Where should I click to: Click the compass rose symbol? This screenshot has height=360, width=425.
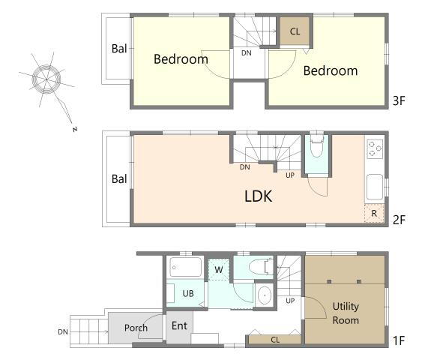click(46, 79)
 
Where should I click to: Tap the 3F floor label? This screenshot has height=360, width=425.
click(399, 101)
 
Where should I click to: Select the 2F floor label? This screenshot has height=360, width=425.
click(399, 220)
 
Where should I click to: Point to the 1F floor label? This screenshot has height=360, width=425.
click(399, 340)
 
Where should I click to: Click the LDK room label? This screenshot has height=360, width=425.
click(259, 196)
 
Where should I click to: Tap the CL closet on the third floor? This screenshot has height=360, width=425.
click(295, 31)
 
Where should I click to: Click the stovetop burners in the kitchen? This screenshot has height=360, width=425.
click(375, 148)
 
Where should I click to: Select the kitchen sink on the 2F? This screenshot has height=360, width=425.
click(375, 187)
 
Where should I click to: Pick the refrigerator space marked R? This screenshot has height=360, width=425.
click(374, 214)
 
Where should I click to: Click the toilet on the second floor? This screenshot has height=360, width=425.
click(317, 146)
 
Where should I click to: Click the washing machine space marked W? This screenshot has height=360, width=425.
click(218, 270)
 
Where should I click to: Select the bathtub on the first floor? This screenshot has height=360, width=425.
click(186, 267)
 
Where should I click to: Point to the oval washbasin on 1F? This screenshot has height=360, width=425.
click(265, 295)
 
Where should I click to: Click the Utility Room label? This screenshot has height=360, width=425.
click(346, 313)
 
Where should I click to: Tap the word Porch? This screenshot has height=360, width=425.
click(136, 328)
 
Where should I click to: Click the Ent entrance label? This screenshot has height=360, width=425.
click(179, 325)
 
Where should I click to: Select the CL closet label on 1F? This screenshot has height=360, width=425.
click(275, 340)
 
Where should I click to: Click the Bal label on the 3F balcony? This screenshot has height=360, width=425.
click(119, 49)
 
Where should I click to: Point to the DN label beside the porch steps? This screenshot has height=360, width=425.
click(63, 331)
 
